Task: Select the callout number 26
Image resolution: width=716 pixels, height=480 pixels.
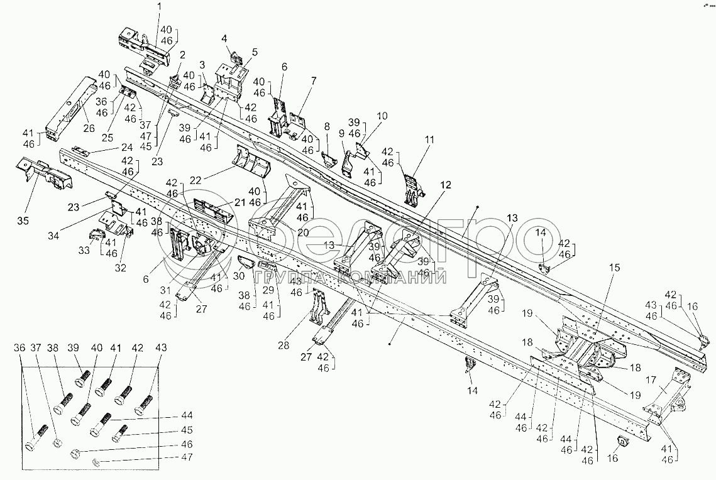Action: click(x=89, y=129)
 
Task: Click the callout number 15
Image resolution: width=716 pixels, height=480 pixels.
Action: click(x=614, y=267)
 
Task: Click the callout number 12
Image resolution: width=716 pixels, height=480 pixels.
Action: click(x=445, y=185)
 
